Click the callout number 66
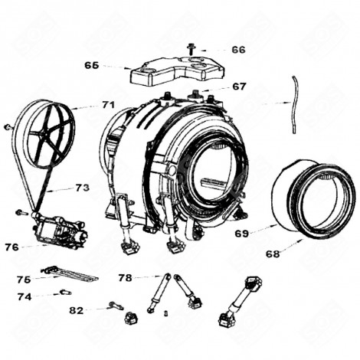click(238, 49)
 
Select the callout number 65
click(92, 66)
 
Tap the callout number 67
click(239, 87)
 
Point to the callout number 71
click(108, 104)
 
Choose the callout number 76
click(11, 247)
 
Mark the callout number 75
click(24, 280)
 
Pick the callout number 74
click(24, 296)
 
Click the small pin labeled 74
click(64, 291)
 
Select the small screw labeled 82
click(117, 306)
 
